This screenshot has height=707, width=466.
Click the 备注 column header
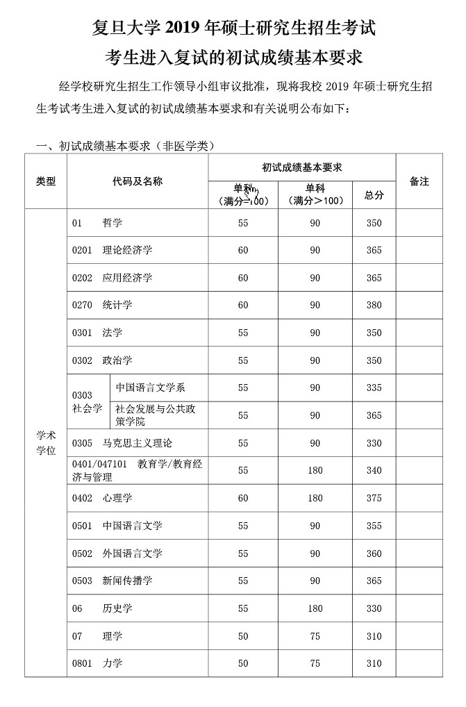coord(419,181)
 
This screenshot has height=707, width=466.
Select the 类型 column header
coord(46,181)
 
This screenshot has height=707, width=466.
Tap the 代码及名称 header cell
coord(138,181)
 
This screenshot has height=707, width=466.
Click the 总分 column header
coord(374,195)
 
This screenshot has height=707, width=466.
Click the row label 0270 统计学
coord(102,305)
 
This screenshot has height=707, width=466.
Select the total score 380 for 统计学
coord(374,305)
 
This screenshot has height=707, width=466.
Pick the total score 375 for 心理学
coord(374,498)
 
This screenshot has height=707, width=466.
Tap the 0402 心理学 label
coord(102,498)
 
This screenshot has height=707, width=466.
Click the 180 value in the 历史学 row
coord(315,608)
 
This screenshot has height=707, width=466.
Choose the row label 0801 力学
coord(97,663)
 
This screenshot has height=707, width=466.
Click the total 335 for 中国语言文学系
coord(374,388)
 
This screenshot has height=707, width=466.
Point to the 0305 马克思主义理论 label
coord(122,443)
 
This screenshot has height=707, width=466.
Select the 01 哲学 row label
coord(97,223)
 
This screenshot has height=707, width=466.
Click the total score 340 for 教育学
coord(374,470)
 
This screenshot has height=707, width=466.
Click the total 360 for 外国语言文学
coord(374,554)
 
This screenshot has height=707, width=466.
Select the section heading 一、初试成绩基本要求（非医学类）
coord(124,146)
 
